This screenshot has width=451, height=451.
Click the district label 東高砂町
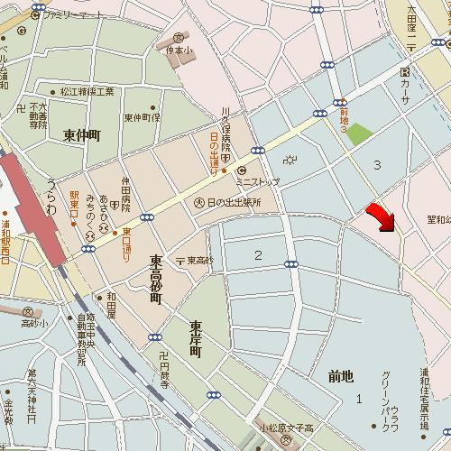click(155, 278)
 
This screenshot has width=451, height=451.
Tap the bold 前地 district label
click(341, 376)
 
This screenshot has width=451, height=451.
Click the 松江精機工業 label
click(87, 91)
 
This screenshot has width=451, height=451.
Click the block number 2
click(258, 255)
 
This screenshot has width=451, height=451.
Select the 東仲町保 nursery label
click(142, 117)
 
